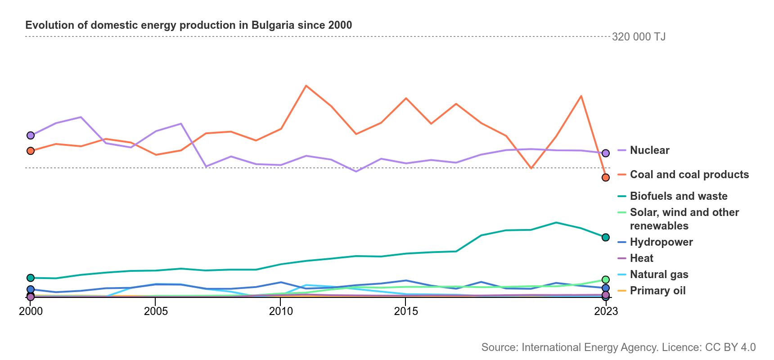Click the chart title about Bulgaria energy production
tap(189, 25)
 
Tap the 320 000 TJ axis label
tap(639, 36)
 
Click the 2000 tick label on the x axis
tap(31, 311)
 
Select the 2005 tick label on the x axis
tap(156, 311)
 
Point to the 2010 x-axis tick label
tap(281, 311)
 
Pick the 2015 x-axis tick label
tap(406, 311)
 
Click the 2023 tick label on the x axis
tap(606, 311)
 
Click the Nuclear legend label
tap(650, 150)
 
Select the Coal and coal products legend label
tap(689, 175)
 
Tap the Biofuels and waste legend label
tap(679, 196)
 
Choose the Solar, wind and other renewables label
tap(684, 219)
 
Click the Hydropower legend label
tap(661, 242)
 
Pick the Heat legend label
tap(642, 258)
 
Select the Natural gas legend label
tap(659, 274)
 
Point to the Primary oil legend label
tap(658, 291)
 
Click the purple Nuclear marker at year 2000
tap(31, 135)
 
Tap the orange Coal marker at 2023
tap(606, 177)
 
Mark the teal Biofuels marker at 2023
tap(606, 237)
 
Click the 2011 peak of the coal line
tap(306, 85)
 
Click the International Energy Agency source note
tap(619, 347)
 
